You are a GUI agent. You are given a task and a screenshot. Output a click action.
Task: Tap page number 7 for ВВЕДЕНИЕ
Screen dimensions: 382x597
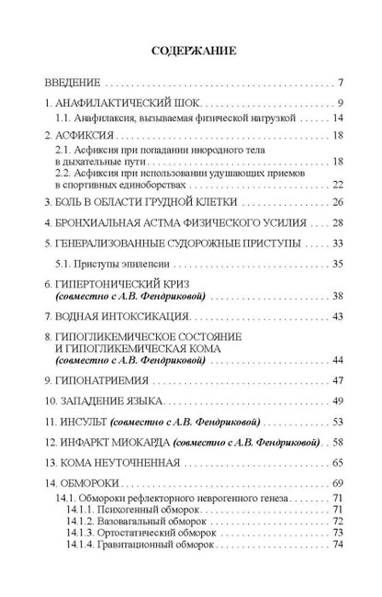pos(340,82)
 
